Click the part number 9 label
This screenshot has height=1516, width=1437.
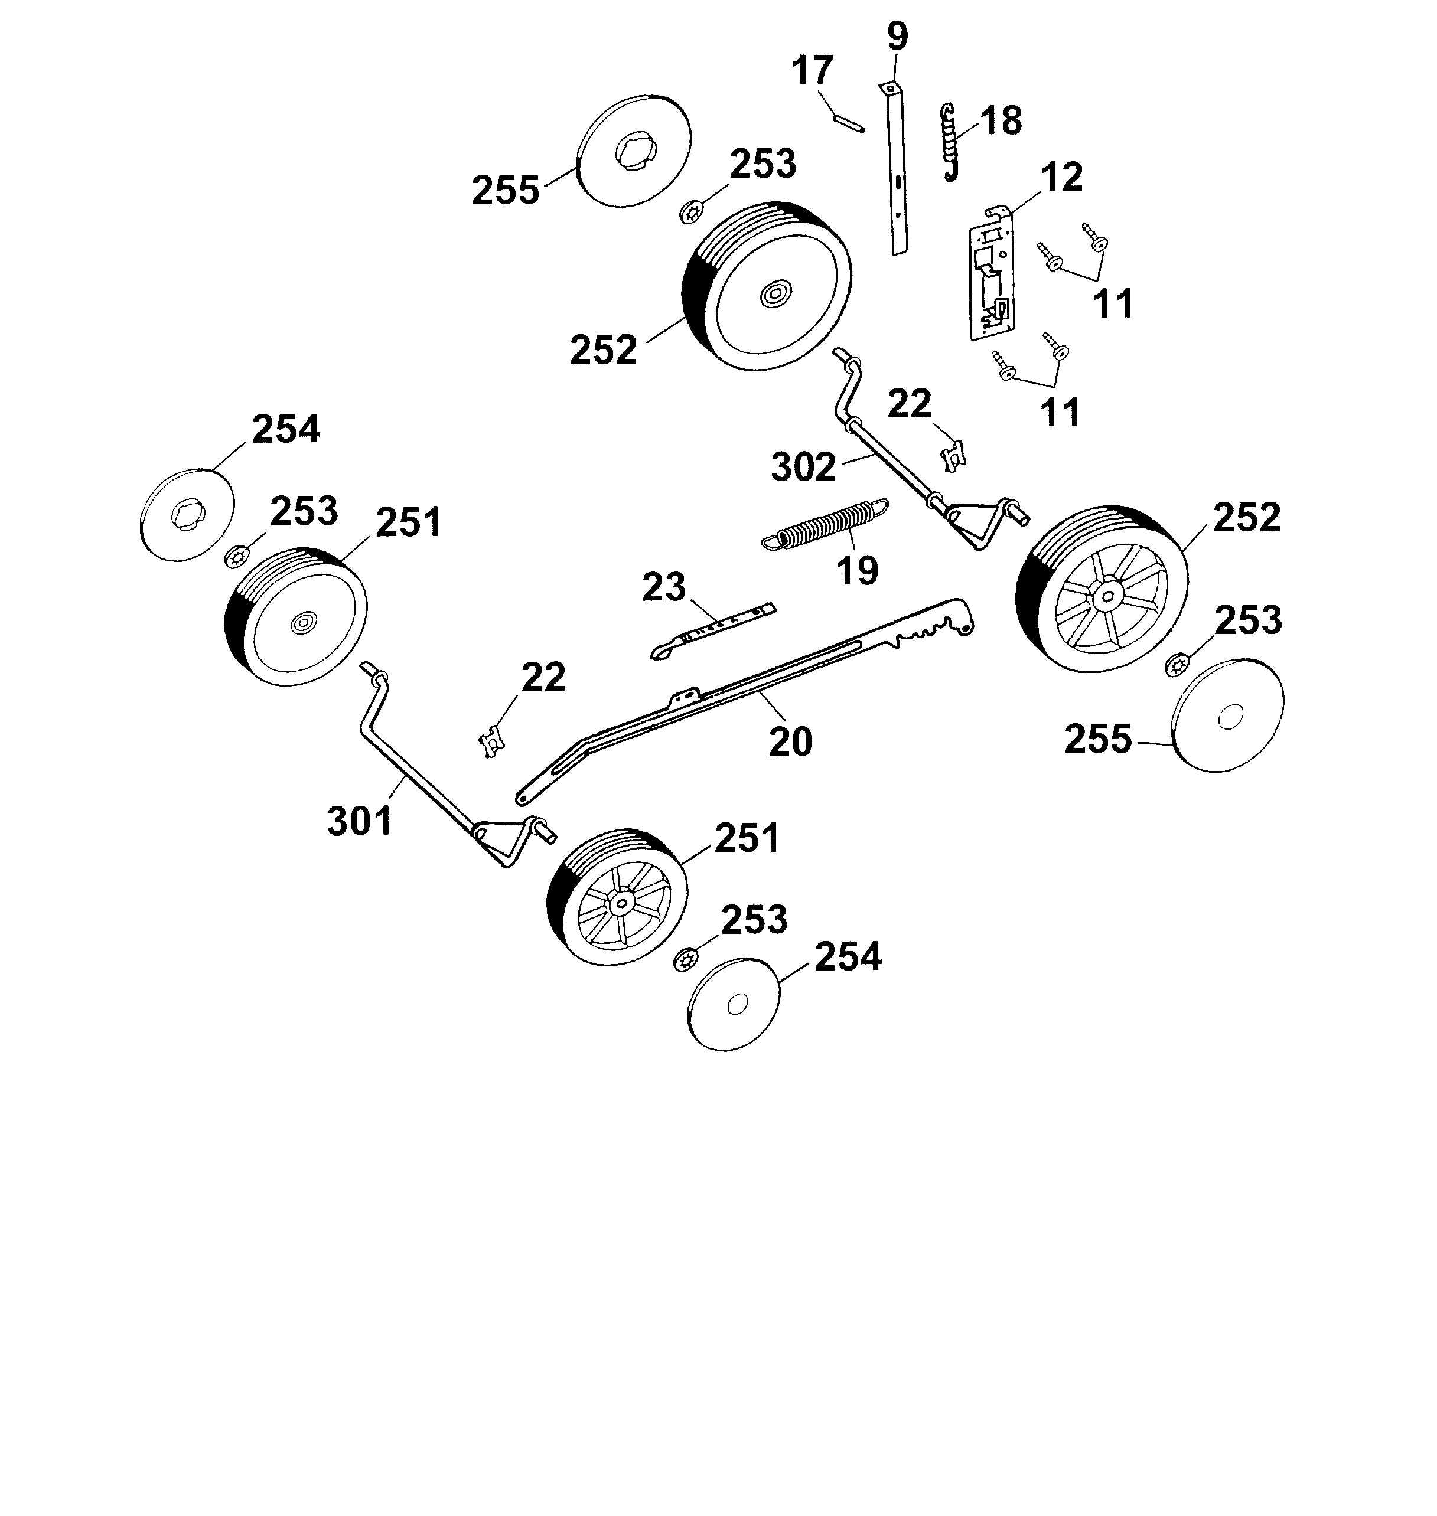click(x=897, y=37)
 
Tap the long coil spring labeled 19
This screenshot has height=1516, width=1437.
click(x=826, y=524)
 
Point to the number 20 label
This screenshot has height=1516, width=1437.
click(x=790, y=741)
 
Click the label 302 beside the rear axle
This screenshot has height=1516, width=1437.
click(x=803, y=467)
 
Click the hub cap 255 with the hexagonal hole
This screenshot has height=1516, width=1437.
click(x=635, y=151)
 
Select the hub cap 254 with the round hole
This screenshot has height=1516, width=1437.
click(x=734, y=1005)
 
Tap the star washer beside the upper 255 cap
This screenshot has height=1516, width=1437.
click(x=692, y=212)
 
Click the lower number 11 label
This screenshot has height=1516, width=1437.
click(x=1060, y=413)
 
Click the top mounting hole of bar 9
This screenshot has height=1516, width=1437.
click(x=891, y=89)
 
